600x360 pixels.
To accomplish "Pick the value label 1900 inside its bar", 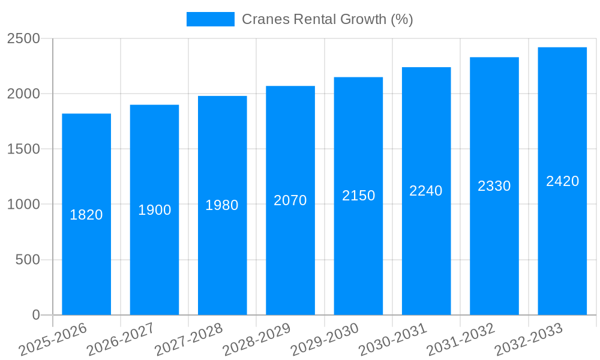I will tap(155, 210).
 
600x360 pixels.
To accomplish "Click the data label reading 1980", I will tap(222, 205).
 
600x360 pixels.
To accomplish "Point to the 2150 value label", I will tap(359, 196).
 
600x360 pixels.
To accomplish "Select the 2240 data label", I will tap(426, 191).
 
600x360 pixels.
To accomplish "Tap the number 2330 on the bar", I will tap(494, 186).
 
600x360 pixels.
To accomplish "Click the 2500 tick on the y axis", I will tap(23, 39).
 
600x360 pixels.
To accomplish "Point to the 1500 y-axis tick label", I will tap(23, 149).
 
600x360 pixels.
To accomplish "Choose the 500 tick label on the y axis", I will tap(28, 260).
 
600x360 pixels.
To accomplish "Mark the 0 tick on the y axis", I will tap(35, 315).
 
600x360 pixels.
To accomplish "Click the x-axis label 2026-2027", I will tap(121, 340).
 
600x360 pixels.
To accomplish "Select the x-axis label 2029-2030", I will tap(325, 340).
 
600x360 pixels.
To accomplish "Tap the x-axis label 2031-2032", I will tap(461, 340).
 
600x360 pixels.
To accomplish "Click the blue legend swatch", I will tap(211, 19).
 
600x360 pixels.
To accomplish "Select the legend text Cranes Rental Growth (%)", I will tap(327, 19).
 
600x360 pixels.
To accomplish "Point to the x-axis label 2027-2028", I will tap(188, 340).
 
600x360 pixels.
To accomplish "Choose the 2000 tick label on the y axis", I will tap(23, 94).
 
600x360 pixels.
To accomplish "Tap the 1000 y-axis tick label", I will tap(23, 205).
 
